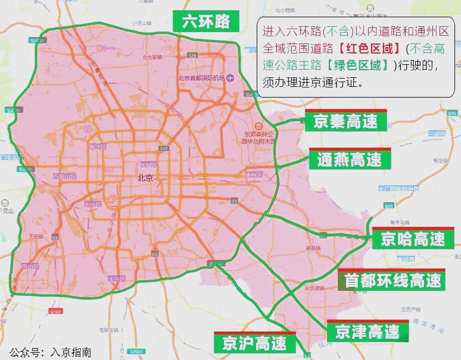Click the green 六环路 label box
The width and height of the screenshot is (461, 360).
pos(205,22)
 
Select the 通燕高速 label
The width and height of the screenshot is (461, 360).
pos(349,159)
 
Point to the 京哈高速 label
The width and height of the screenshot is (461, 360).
pos(413,239)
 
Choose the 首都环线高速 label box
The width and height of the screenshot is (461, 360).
pos(393,280)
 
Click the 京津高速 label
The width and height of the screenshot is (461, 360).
pos(367,331)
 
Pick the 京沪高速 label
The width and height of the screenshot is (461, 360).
pos(254,343)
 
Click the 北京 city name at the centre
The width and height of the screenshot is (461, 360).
pos(145,178)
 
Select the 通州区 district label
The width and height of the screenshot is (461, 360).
pos(254,175)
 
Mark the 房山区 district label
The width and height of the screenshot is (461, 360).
pos(29,266)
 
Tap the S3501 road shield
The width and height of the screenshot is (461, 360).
pos(138,352)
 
